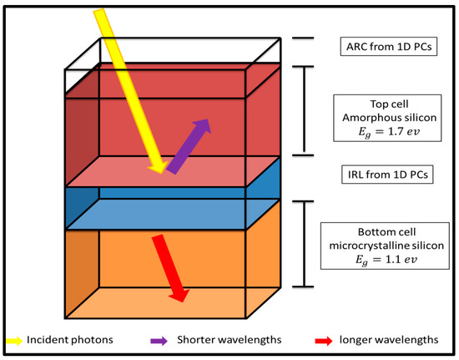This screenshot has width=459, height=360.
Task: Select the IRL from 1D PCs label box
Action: [x=381, y=177]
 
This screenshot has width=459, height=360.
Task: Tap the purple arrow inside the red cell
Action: [x=188, y=146]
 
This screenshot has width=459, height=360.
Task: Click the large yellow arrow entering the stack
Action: [x=125, y=84]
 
